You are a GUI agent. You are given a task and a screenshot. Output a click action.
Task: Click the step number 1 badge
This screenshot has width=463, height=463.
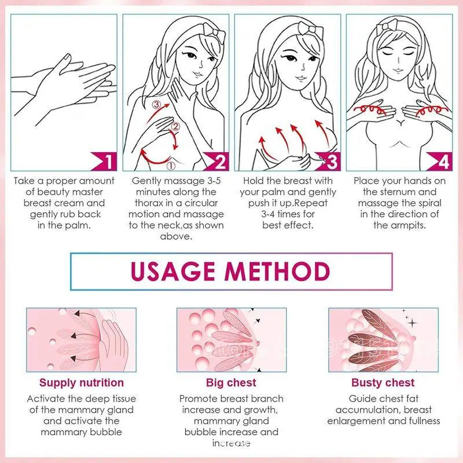(107, 161)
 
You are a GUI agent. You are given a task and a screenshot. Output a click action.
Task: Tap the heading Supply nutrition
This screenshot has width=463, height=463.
(82, 383)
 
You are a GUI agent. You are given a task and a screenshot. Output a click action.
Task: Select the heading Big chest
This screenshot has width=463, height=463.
(231, 383)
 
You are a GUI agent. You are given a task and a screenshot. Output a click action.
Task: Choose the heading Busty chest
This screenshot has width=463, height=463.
(383, 383)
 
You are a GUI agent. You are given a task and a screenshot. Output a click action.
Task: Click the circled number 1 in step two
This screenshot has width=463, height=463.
(171, 165)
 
